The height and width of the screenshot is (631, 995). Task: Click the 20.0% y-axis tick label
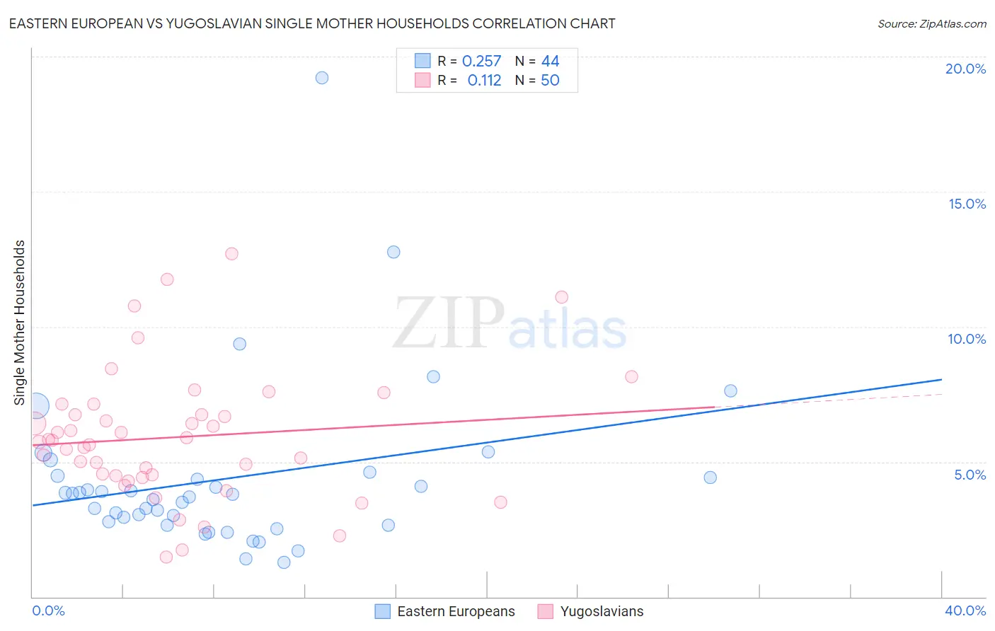pyautogui.click(x=965, y=69)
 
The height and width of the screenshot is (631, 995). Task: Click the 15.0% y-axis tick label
pyautogui.click(x=967, y=204)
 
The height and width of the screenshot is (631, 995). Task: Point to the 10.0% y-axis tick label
pyautogui.click(x=967, y=339)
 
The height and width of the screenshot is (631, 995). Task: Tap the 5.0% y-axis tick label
pyautogui.click(x=970, y=475)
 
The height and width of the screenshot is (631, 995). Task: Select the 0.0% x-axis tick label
pyautogui.click(x=48, y=610)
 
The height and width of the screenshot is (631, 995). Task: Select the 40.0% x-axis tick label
pyautogui.click(x=965, y=610)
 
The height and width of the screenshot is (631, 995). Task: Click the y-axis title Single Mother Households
pyautogui.click(x=19, y=323)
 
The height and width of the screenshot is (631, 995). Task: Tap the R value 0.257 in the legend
pyautogui.click(x=481, y=62)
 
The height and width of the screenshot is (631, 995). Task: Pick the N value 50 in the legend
pyautogui.click(x=550, y=81)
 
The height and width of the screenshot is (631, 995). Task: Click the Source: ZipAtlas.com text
pyautogui.click(x=931, y=24)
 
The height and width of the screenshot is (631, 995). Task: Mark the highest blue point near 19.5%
pyautogui.click(x=322, y=78)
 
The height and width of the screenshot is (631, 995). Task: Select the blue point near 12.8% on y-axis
pyautogui.click(x=393, y=252)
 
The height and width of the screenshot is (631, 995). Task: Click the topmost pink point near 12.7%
pyautogui.click(x=231, y=254)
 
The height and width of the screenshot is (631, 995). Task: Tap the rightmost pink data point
pyautogui.click(x=631, y=376)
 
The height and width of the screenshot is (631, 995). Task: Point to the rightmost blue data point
pyautogui.click(x=730, y=391)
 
